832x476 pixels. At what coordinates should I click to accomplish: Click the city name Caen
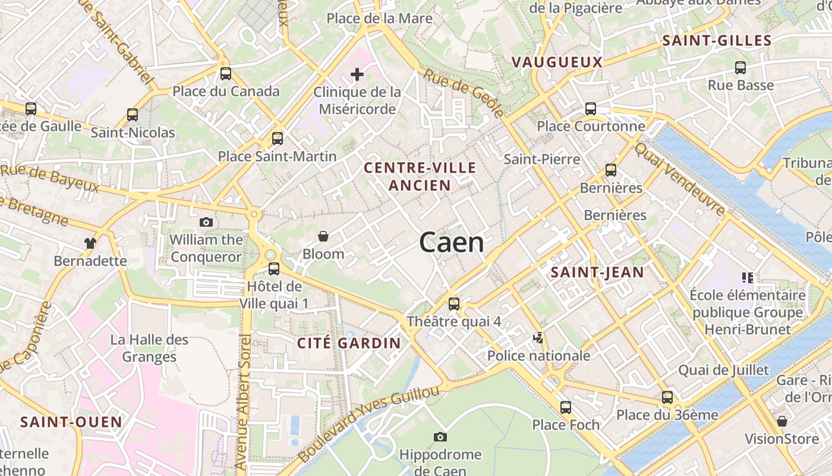click(x=452, y=243)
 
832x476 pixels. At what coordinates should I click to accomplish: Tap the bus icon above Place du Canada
click(x=226, y=74)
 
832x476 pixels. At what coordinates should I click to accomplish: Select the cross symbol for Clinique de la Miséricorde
click(x=357, y=74)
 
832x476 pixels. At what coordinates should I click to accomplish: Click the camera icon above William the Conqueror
click(x=206, y=223)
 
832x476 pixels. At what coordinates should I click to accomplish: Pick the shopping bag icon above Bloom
click(x=323, y=237)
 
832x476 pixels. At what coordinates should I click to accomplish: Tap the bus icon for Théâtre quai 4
click(x=454, y=304)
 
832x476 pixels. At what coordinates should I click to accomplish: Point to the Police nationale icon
click(x=538, y=339)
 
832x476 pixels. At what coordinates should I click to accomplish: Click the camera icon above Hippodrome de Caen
click(x=440, y=437)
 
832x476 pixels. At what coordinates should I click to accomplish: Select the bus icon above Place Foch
click(x=566, y=408)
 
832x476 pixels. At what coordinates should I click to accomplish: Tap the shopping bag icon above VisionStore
click(x=782, y=421)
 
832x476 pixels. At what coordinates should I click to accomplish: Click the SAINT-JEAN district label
click(x=597, y=273)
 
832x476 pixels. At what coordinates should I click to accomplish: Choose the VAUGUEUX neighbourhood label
click(x=557, y=62)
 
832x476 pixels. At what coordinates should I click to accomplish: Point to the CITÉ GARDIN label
click(x=349, y=343)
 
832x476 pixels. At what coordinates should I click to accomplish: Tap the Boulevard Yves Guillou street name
click(x=368, y=424)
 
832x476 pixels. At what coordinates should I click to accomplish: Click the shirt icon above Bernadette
click(x=90, y=243)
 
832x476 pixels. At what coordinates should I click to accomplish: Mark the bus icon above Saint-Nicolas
click(x=133, y=115)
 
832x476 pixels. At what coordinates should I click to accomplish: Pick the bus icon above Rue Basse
click(x=740, y=68)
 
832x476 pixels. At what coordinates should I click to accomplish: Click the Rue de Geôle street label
click(x=464, y=93)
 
